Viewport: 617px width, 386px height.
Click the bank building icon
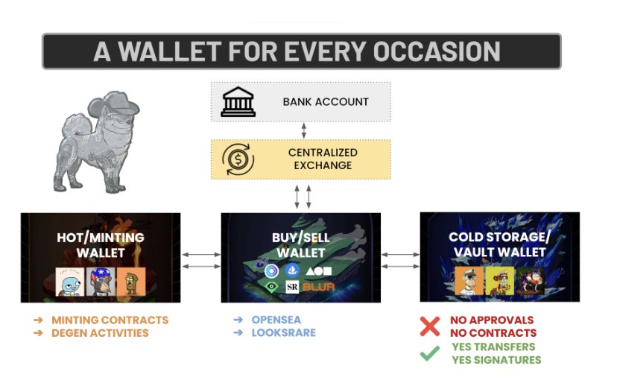click(238, 102)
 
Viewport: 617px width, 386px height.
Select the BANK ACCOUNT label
click(326, 102)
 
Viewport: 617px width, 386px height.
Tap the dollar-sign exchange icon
click(238, 159)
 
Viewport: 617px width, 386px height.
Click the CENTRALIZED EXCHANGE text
click(323, 158)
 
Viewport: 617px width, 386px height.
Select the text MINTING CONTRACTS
click(110, 320)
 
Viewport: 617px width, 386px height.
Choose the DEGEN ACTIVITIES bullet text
click(100, 332)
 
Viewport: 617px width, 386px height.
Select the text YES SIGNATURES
click(496, 360)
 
